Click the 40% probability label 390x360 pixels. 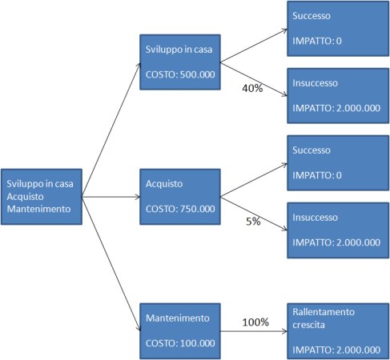pyautogui.click(x=252, y=88)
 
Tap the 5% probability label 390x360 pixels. pyautogui.click(x=253, y=222)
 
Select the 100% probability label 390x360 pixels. pyautogui.click(x=255, y=322)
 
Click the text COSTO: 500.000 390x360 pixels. pyautogui.click(x=180, y=74)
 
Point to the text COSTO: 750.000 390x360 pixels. pyautogui.click(x=180, y=209)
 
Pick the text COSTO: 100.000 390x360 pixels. pyautogui.click(x=180, y=343)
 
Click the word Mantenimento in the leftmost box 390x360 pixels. pyautogui.click(x=38, y=209)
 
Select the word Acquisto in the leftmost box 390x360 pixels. pyautogui.click(x=25, y=197)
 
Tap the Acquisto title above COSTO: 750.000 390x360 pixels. pyautogui.click(x=164, y=184)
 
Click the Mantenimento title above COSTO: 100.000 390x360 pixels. pyautogui.click(x=178, y=318)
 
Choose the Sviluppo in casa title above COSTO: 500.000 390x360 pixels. pyautogui.click(x=179, y=50)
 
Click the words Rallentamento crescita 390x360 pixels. pyautogui.click(x=324, y=318)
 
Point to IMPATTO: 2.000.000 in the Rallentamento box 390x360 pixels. pyautogui.click(x=336, y=350)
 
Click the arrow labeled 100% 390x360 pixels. pyautogui.click(x=254, y=331)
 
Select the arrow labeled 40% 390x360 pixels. pyautogui.click(x=254, y=79)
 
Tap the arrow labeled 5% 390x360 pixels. pyautogui.click(x=254, y=214)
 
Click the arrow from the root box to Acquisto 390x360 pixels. pyautogui.click(x=111, y=197)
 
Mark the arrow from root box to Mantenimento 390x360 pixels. pyautogui.click(x=111, y=264)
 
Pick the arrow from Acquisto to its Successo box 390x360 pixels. pyautogui.click(x=254, y=180)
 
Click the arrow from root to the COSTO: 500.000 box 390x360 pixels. pyautogui.click(x=111, y=130)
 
